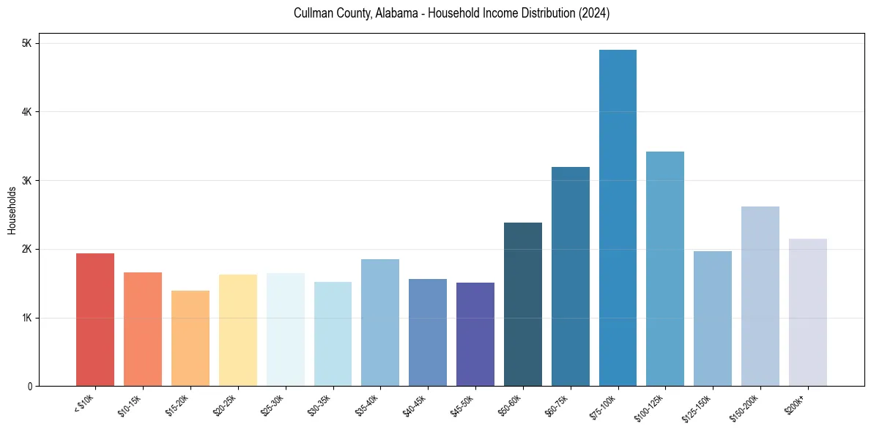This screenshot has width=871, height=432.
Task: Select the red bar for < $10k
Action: tap(95, 320)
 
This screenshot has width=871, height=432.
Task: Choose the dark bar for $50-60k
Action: tap(523, 305)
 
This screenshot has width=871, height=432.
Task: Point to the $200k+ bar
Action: tap(807, 313)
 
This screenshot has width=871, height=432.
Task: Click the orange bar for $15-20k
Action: tap(190, 338)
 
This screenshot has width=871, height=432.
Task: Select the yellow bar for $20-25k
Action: tap(238, 330)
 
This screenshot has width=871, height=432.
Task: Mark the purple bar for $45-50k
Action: tap(475, 335)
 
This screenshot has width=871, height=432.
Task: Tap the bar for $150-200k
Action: tap(760, 297)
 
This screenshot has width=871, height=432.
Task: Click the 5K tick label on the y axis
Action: tap(27, 43)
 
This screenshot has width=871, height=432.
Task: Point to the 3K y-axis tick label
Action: tap(27, 181)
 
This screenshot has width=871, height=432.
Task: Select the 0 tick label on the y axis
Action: tap(29, 387)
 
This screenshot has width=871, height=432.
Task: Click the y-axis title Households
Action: tap(12, 210)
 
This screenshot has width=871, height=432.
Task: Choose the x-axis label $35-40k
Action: tap(368, 405)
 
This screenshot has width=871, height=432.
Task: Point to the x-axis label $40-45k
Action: tap(416, 405)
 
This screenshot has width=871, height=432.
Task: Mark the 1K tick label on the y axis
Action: tap(27, 318)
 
